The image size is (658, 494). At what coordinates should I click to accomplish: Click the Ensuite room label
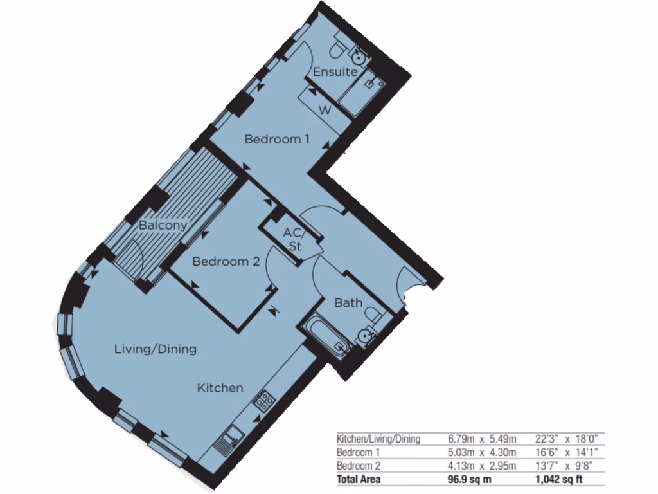(x=335, y=72)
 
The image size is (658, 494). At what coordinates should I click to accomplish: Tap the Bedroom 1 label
(x=277, y=139)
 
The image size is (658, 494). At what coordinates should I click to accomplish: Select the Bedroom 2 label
(x=226, y=262)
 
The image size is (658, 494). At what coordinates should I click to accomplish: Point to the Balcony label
(x=163, y=225)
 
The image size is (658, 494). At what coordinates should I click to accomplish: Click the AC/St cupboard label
(x=294, y=239)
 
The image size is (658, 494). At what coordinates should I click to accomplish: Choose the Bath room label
(x=348, y=302)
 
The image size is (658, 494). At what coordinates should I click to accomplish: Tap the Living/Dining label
(x=155, y=349)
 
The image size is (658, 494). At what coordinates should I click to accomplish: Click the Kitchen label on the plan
(x=220, y=388)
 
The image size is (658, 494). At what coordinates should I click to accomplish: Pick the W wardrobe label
(x=325, y=111)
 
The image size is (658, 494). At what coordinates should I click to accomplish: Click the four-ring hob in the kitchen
(x=263, y=401)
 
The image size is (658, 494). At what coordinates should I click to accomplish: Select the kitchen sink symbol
(x=226, y=442)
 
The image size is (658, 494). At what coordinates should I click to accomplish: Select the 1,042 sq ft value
(x=559, y=479)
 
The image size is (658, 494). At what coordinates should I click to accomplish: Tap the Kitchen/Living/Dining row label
(x=378, y=439)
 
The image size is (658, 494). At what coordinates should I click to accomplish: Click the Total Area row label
(x=359, y=479)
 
